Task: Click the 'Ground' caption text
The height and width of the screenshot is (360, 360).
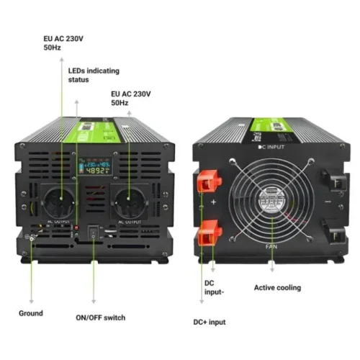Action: click(31, 313)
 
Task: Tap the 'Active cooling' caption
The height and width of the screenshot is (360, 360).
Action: click(277, 288)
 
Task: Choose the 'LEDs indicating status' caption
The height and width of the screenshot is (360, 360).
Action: click(94, 75)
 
